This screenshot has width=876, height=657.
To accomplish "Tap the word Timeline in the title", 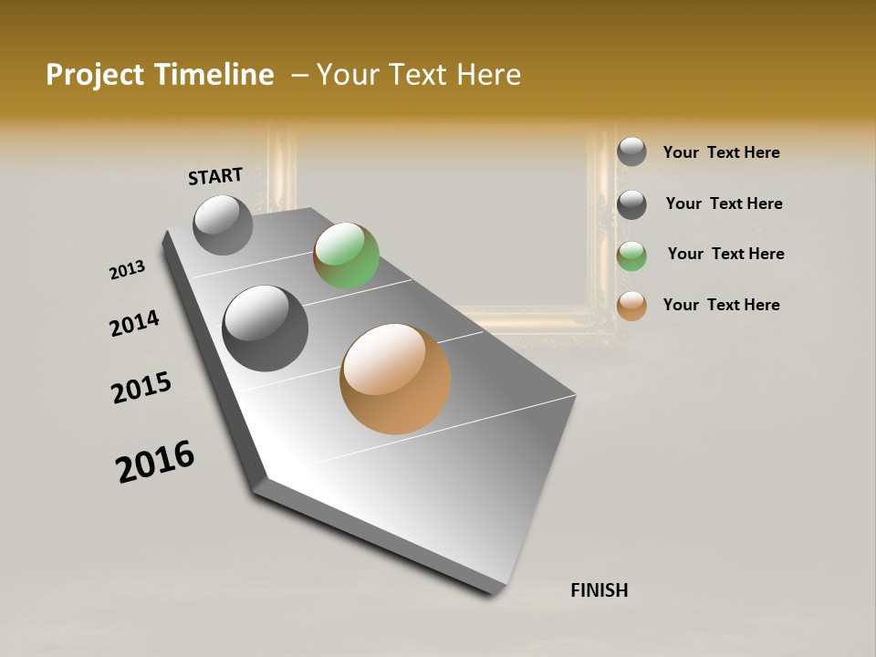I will pos(215,75).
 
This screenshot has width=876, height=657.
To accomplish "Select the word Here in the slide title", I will pos(488,75).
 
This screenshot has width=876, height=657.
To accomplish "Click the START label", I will pos(215,176).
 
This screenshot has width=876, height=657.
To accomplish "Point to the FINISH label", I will pos(599,590).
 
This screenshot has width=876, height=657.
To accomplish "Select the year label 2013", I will pos(127,270).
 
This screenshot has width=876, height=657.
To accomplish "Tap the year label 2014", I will pos(134,323).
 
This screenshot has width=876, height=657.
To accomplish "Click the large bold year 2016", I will pos(155,462).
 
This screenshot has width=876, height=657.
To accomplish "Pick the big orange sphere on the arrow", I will pos(395,379).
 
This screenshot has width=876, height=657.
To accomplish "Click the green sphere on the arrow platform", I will pos(346,255).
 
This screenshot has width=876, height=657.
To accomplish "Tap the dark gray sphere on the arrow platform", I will pos(265,328).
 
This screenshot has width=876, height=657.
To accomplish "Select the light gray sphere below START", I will pos(223,224).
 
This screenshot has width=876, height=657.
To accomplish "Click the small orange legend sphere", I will pos(631,306).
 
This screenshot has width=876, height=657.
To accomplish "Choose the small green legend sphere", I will pos(631,255).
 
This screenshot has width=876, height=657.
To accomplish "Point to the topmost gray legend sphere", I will pos(631,151).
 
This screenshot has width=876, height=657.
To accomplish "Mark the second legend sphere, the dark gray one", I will pos(631,204).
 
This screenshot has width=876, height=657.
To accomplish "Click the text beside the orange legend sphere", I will pos(721,305).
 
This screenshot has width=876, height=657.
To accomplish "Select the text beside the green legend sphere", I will pos(725,254).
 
